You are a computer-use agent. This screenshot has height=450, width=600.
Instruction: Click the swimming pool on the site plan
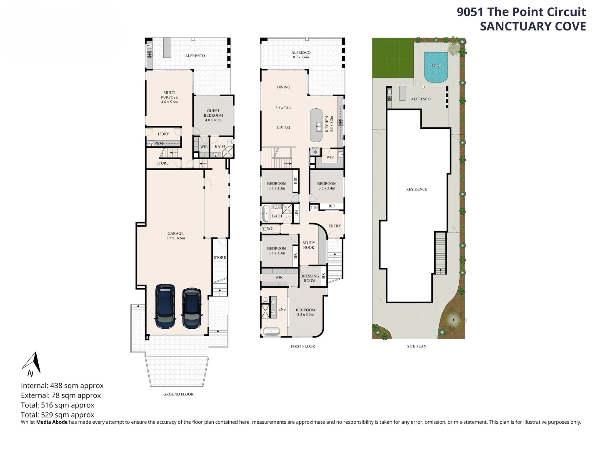click(436, 67)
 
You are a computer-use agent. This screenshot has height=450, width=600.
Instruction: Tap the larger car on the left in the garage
click(165, 306)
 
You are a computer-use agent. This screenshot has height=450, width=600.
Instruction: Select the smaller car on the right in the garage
click(192, 308)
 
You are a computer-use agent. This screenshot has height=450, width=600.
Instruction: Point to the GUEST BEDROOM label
click(213, 113)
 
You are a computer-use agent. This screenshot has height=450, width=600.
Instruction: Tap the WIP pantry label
click(330, 157)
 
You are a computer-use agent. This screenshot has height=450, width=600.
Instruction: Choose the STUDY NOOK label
click(309, 245)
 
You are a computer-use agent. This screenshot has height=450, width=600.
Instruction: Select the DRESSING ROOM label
click(310, 278)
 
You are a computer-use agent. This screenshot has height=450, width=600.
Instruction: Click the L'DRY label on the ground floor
click(163, 134)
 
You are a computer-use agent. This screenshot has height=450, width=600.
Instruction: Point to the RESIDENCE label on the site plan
click(417, 189)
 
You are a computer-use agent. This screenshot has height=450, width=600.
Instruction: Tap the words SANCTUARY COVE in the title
click(533, 27)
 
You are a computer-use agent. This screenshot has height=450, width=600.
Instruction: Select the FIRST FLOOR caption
click(302, 346)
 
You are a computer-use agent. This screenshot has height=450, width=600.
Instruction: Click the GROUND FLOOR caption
click(178, 394)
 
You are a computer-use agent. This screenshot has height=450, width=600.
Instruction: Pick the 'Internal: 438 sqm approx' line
click(62, 385)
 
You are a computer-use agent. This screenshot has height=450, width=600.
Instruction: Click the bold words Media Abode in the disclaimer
click(52, 422)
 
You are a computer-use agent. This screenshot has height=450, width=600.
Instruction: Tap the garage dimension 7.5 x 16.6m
click(175, 238)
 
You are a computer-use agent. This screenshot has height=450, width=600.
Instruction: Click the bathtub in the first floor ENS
click(271, 332)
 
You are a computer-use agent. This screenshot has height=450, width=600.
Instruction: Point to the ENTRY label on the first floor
click(335, 226)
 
